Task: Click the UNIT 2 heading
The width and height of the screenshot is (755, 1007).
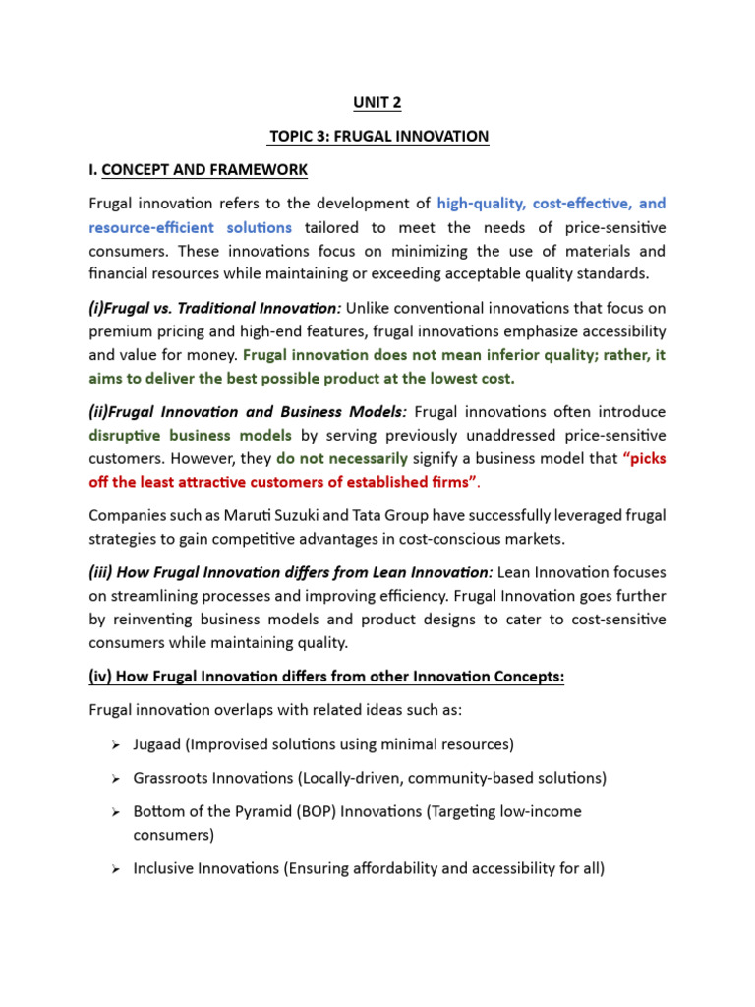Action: pos(377,102)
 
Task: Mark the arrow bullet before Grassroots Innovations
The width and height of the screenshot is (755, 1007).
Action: pos(114,779)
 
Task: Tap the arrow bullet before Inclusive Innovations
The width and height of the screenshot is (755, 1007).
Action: pos(114,869)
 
